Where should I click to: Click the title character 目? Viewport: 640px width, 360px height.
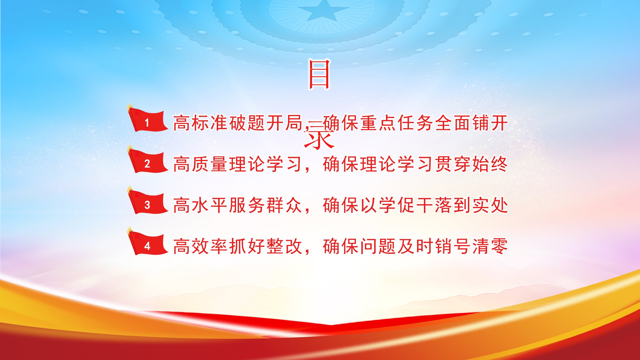coord(319,75)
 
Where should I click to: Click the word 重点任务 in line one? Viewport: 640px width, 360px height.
coord(397,123)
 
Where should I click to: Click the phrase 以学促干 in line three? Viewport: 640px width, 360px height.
coord(397,205)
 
